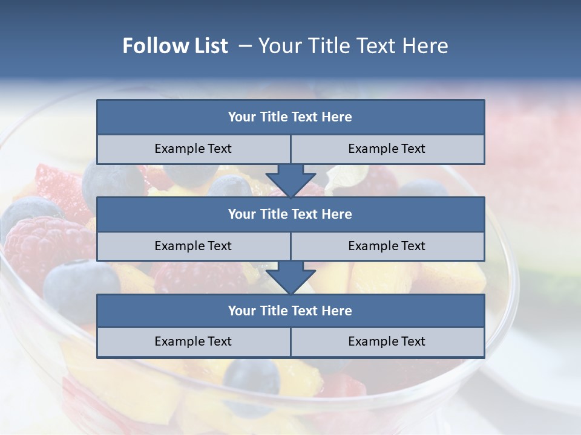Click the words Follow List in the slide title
[x=176, y=46]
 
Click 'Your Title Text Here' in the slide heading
[x=353, y=46]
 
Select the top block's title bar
[x=290, y=117]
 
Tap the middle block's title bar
[x=290, y=214]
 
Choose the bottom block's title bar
[x=290, y=311]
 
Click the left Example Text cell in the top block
[x=194, y=149]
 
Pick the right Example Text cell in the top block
[x=387, y=149]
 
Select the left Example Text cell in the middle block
[x=194, y=246]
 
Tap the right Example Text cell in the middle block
[x=387, y=246]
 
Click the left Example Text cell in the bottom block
[x=194, y=341]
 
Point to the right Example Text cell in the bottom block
[x=387, y=341]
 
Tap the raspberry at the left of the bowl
[x=45, y=245]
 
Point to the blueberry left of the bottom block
[x=76, y=287]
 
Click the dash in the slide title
[x=245, y=46]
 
